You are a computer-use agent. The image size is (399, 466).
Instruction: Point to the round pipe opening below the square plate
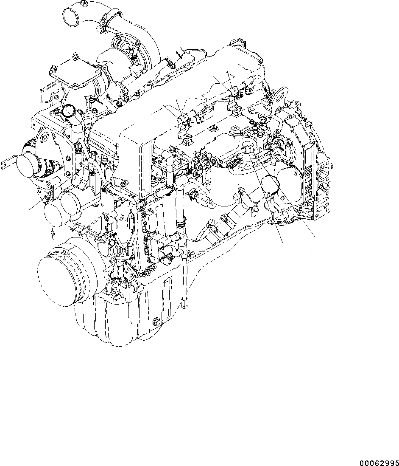click(x=68, y=112)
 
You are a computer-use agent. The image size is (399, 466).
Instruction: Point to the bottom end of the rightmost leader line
click(x=315, y=236)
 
